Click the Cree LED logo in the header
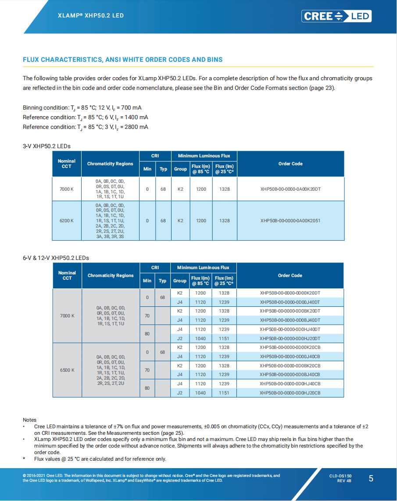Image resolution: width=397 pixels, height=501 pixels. click(336, 16)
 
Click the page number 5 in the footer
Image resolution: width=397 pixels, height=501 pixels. click(371, 479)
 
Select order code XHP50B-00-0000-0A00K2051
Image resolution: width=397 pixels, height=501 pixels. click(290, 220)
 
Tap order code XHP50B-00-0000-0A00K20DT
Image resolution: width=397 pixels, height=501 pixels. click(290, 189)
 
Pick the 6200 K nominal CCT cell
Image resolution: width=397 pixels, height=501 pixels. click(67, 220)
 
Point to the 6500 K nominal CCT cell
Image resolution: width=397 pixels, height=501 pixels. click(67, 370)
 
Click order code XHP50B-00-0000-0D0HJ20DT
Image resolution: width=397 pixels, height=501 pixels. click(290, 338)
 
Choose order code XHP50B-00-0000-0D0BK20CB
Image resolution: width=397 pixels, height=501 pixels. click(290, 366)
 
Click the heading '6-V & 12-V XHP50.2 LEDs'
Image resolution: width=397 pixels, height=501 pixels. click(56, 258)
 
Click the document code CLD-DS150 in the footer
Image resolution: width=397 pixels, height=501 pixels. click(340, 476)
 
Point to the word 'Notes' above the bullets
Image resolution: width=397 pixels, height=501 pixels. click(30, 420)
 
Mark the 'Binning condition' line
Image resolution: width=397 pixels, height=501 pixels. click(82, 108)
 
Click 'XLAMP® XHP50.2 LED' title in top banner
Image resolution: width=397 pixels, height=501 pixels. click(91, 16)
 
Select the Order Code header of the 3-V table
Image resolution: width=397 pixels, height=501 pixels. click(290, 164)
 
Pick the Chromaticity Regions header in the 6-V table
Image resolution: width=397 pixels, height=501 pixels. click(111, 276)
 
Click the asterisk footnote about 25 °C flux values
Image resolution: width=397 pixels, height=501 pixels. click(100, 459)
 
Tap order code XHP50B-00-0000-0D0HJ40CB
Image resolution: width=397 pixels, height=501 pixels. click(290, 384)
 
